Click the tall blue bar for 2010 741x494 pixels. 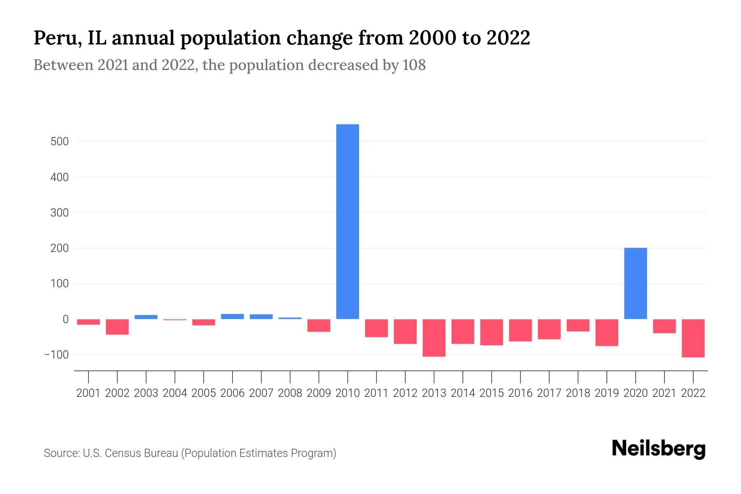click(x=347, y=221)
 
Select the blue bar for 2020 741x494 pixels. click(x=635, y=283)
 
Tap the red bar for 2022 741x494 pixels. click(x=693, y=338)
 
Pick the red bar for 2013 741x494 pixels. click(x=434, y=338)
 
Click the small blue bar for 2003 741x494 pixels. click(x=146, y=317)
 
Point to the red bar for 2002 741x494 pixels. click(x=117, y=327)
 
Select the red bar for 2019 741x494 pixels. click(x=606, y=332)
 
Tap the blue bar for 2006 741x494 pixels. click(x=232, y=317)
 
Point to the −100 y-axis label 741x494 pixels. click(x=56, y=355)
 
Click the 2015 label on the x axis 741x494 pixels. click(x=492, y=393)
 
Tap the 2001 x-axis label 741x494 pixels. click(x=89, y=393)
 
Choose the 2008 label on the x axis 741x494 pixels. click(x=290, y=393)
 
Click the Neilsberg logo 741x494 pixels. click(x=659, y=449)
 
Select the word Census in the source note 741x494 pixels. click(x=120, y=453)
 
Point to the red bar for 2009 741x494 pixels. click(x=319, y=325)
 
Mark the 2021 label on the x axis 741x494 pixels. click(x=664, y=393)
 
